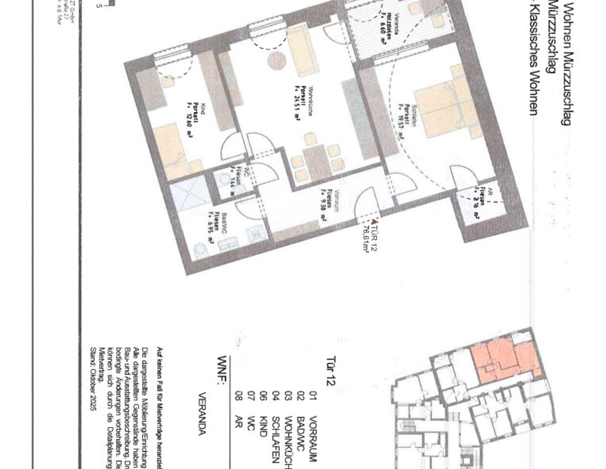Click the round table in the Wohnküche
click(276, 60)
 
